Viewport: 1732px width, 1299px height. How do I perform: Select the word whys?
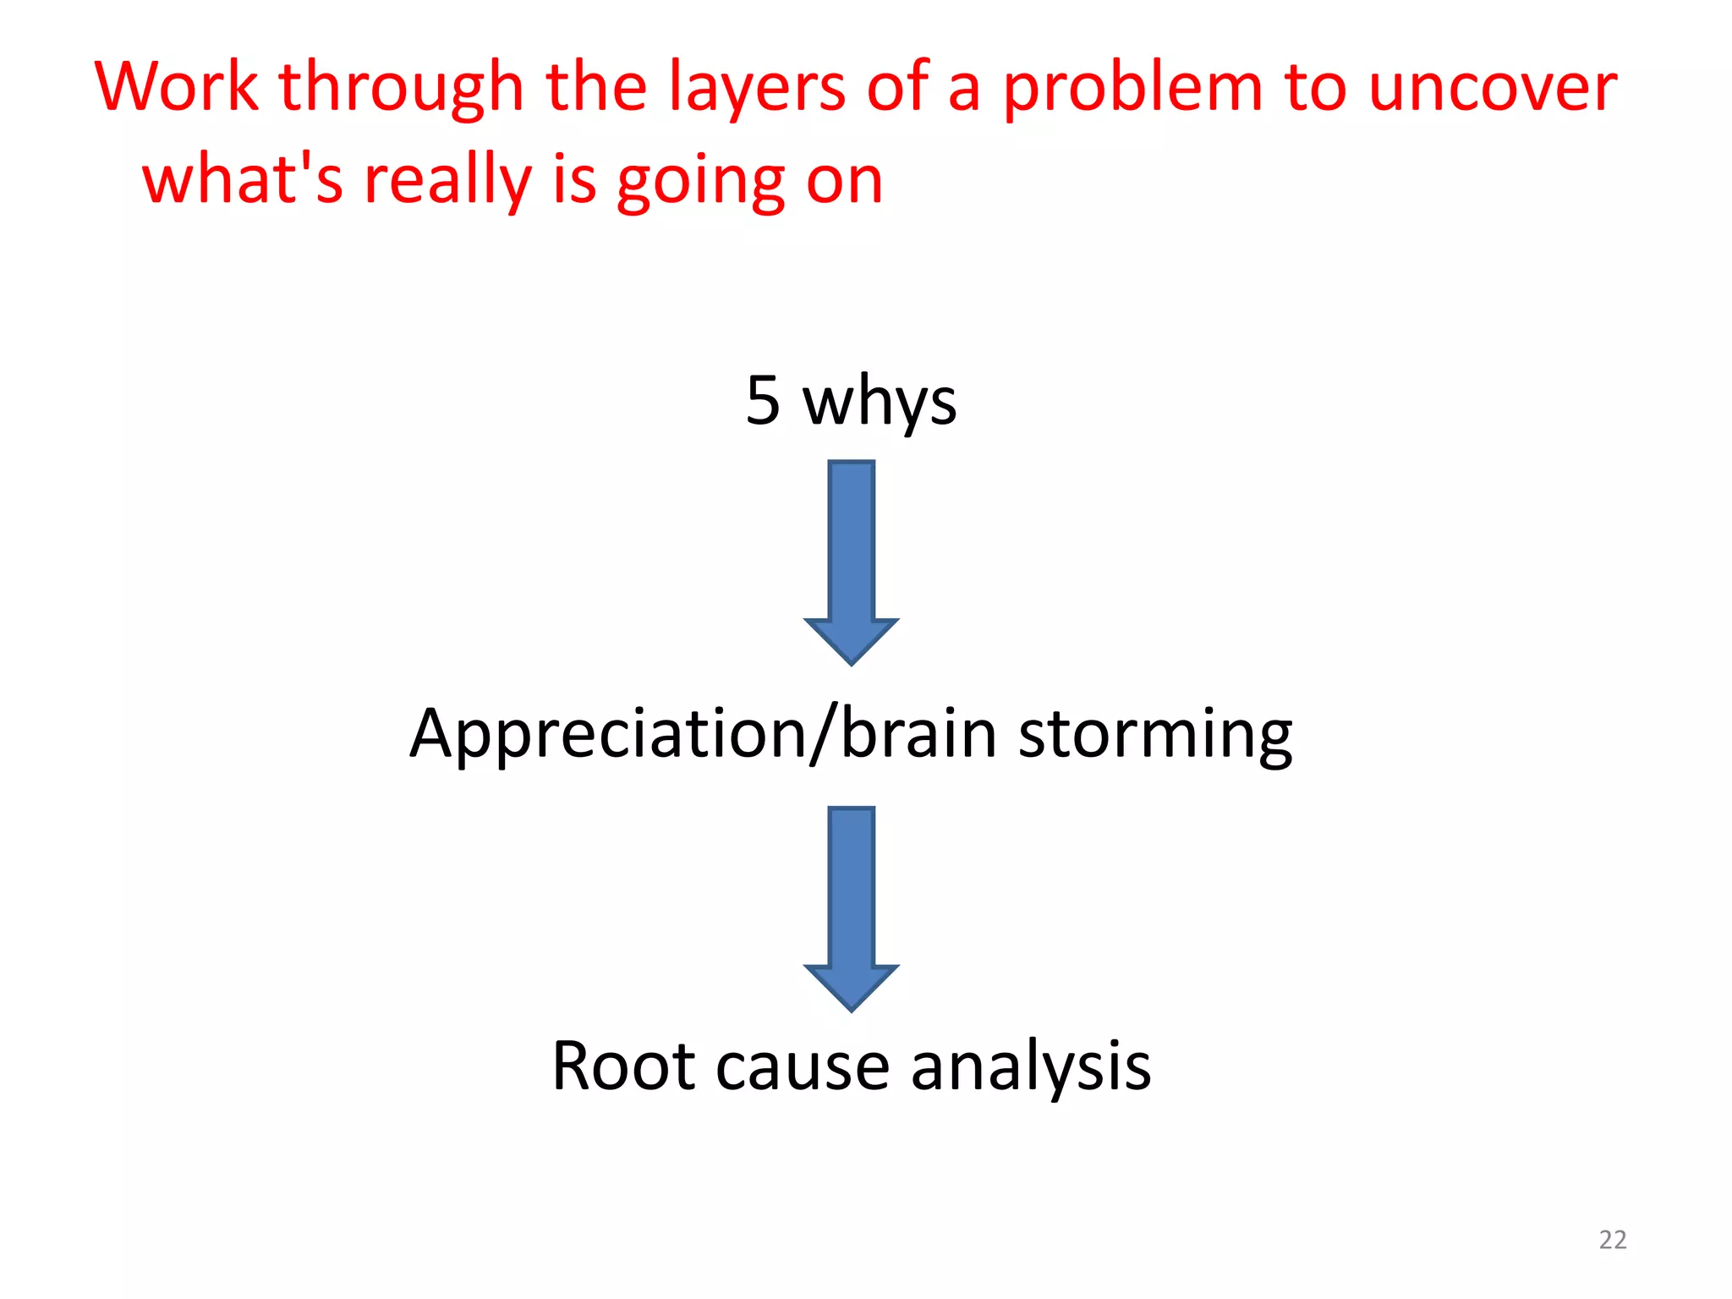pos(880,403)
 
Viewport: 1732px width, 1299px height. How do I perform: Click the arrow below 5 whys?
pos(851,562)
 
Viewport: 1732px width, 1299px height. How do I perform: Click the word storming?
pos(1155,734)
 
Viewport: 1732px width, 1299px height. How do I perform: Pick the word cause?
pos(803,1067)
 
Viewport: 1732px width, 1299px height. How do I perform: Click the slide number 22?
pos(1612,1240)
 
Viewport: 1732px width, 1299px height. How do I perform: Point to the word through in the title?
pos(402,89)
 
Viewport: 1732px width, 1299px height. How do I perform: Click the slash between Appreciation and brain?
pos(823,734)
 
